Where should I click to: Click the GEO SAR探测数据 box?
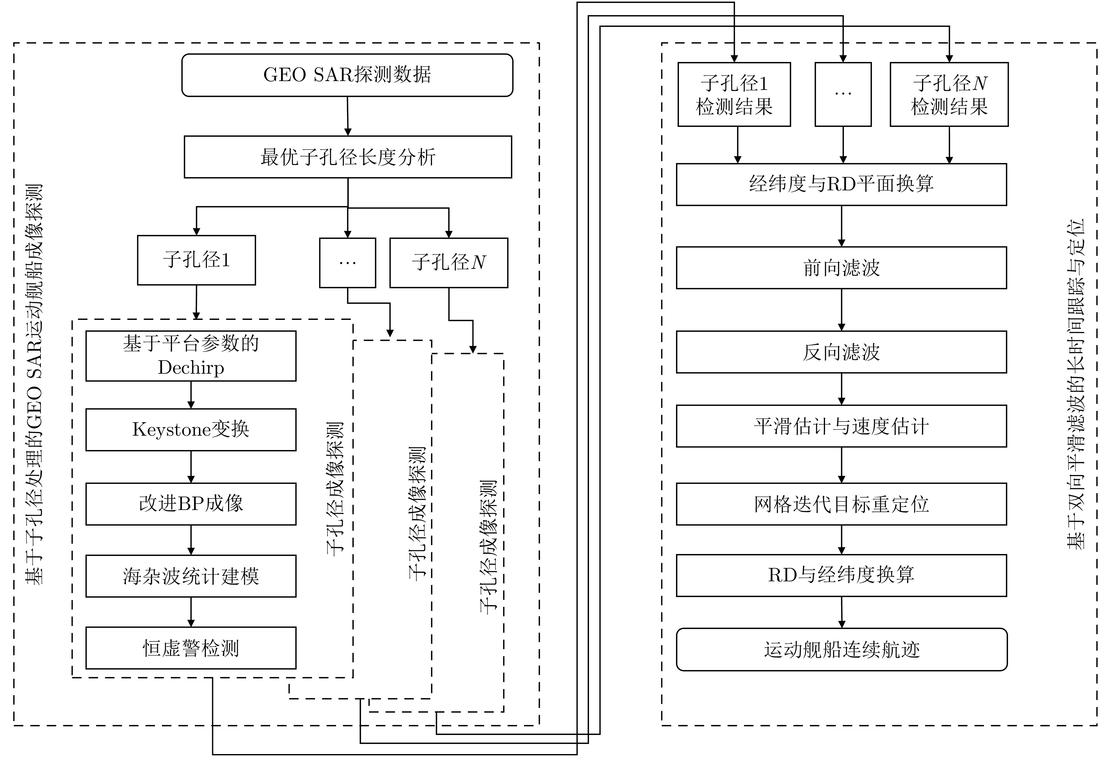347,75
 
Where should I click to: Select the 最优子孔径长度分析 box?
347,157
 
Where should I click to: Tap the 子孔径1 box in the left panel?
196,260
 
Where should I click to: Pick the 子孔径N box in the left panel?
449,262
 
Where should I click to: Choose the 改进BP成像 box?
191,504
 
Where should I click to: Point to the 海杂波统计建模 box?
191,576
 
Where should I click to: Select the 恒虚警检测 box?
191,648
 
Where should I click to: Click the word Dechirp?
191,367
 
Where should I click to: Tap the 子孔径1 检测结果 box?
734,95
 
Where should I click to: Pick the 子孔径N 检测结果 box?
949,95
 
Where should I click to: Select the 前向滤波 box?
841,268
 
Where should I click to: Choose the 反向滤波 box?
841,352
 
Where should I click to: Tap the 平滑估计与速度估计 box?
841,426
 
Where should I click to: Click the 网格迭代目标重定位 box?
841,504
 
